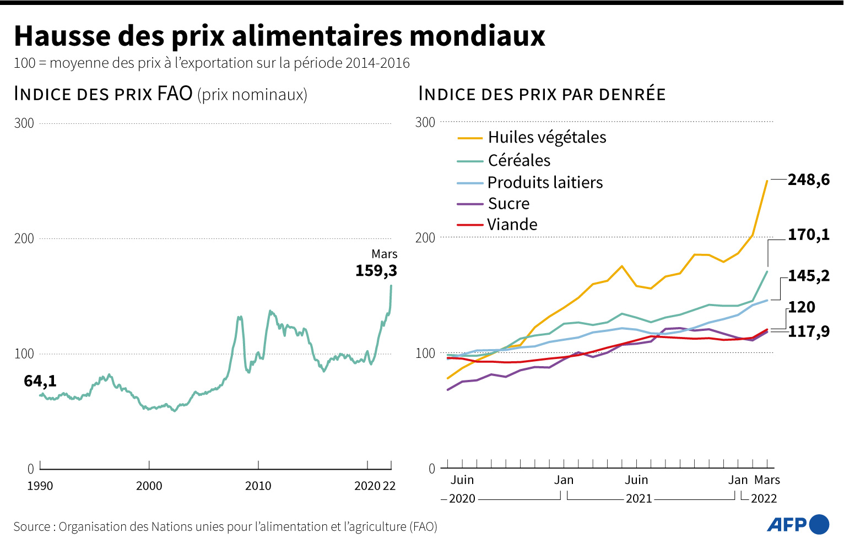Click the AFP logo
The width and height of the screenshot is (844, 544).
pyautogui.click(x=798, y=524)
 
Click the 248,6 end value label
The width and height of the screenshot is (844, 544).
pyautogui.click(x=808, y=180)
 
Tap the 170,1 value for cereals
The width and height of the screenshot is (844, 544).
pyautogui.click(x=808, y=235)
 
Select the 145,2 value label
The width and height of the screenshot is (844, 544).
pyautogui.click(x=808, y=276)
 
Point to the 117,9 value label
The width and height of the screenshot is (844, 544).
pyautogui.click(x=808, y=331)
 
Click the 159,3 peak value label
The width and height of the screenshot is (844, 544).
pyautogui.click(x=376, y=271)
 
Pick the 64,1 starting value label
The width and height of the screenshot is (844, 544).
pyautogui.click(x=40, y=381)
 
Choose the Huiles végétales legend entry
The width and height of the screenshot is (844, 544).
pyautogui.click(x=547, y=138)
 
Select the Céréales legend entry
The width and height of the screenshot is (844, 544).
pyautogui.click(x=519, y=161)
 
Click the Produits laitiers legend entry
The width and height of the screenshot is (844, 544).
pyautogui.click(x=545, y=183)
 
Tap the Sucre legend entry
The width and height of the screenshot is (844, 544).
pyautogui.click(x=508, y=204)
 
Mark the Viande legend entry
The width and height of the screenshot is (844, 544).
pyautogui.click(x=512, y=225)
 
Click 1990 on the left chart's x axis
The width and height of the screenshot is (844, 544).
pyautogui.click(x=40, y=486)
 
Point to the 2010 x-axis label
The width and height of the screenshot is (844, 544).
pyautogui.click(x=258, y=486)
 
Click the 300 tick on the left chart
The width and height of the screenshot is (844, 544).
pyautogui.click(x=24, y=123)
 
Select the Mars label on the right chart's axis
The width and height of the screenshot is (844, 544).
pyautogui.click(x=767, y=480)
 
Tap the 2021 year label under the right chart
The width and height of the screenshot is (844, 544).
pyautogui.click(x=639, y=499)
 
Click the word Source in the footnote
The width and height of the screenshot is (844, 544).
pyautogui.click(x=32, y=527)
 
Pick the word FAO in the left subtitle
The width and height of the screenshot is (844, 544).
pyautogui.click(x=175, y=94)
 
